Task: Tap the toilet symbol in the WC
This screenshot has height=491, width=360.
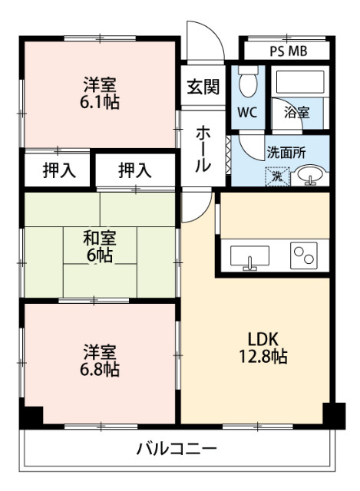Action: tap(247, 84)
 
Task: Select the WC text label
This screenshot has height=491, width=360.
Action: tap(246, 113)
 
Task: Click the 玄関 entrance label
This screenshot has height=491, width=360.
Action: tap(203, 86)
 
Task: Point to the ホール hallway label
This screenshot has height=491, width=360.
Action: tap(203, 147)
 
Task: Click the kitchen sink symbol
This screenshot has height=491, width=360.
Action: tap(250, 257)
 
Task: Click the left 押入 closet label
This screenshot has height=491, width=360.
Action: tap(58, 170)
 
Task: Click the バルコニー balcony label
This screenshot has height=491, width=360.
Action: tap(178, 448)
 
